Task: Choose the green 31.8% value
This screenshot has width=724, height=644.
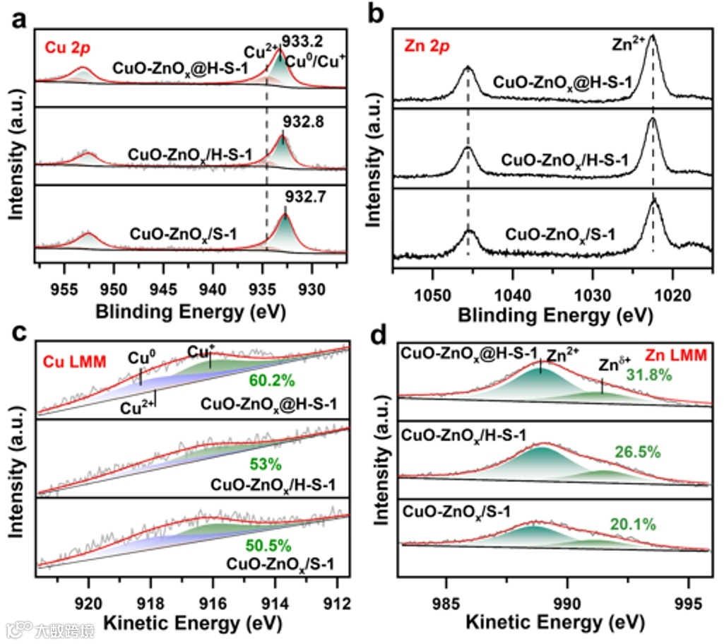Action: click(x=648, y=375)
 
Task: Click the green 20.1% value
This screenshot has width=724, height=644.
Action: click(x=634, y=524)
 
